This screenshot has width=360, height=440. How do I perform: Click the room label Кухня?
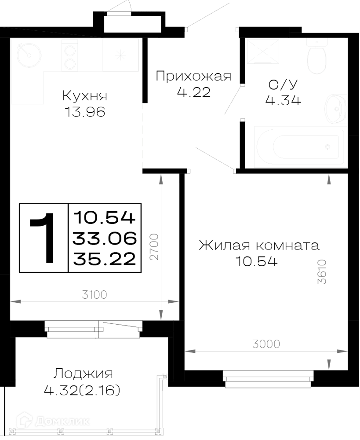85,96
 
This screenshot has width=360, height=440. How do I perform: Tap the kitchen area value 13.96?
85,112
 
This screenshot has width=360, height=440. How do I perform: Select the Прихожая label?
193,76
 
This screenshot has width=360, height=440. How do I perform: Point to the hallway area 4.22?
194,92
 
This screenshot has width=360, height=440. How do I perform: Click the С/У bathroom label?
283,84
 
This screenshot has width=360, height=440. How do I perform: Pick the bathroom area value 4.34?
283,100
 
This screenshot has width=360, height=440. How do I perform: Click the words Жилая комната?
259,246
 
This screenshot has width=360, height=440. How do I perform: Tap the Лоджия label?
83,374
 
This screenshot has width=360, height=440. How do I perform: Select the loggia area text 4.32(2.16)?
82,390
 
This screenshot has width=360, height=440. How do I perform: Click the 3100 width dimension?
95,295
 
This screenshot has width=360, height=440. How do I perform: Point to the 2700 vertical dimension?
154,247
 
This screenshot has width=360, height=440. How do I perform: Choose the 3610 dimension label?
323,271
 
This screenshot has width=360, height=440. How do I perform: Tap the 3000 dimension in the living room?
266,344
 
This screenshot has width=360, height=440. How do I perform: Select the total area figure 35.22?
105,259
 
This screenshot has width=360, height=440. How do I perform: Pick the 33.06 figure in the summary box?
105,238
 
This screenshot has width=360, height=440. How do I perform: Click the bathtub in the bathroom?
300,147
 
